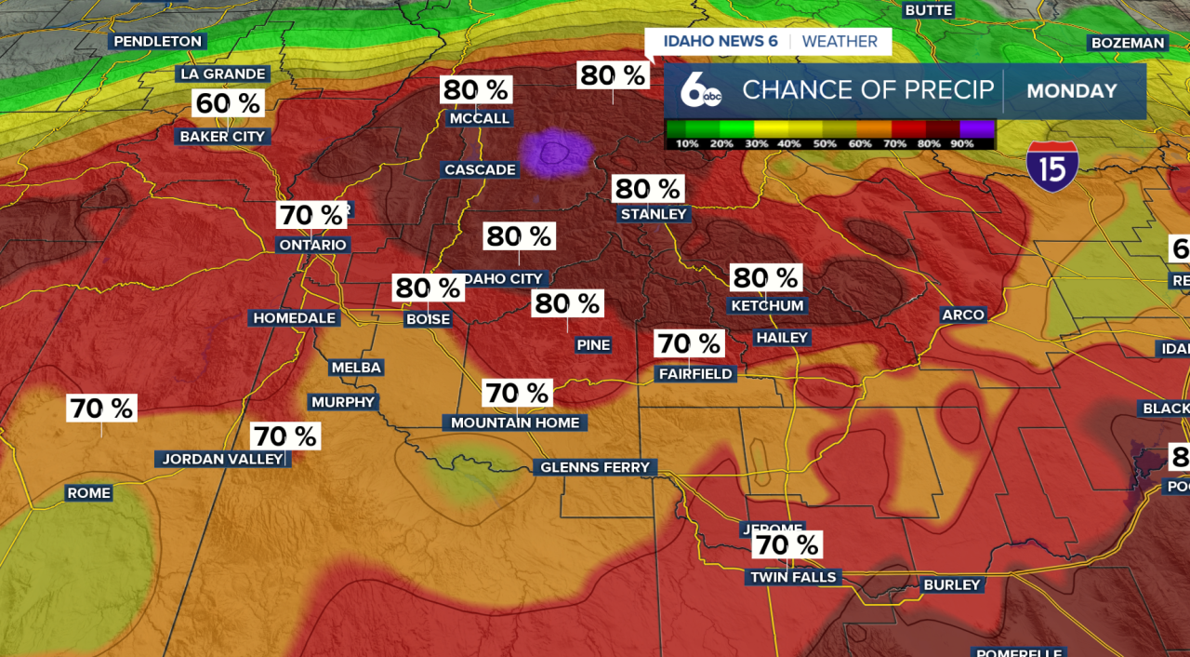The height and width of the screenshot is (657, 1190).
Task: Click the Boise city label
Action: point(428,319)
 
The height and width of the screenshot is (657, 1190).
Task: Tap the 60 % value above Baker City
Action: point(229,103)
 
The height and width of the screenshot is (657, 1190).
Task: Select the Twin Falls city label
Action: point(794,577)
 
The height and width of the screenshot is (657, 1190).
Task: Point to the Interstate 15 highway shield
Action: point(1052,167)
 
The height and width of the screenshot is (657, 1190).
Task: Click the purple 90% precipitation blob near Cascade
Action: point(555,153)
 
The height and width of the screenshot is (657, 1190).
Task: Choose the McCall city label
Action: point(479,118)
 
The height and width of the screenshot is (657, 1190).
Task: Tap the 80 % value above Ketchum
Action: point(765,277)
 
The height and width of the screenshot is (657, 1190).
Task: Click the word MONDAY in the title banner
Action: point(1072,90)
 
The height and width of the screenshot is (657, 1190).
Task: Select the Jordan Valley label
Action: point(222,459)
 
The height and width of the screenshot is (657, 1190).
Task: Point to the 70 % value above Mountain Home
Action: point(517,394)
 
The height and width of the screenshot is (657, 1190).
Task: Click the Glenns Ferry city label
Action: point(595,467)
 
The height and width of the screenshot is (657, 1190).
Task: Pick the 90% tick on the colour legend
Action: point(962,143)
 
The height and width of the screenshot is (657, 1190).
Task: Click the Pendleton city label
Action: point(157,41)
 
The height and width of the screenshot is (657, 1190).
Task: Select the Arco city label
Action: point(963,315)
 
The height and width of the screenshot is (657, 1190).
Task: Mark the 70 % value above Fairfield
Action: point(689,343)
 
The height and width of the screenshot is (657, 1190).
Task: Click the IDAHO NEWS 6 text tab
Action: point(721,42)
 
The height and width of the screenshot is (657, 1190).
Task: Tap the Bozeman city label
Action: point(1128,43)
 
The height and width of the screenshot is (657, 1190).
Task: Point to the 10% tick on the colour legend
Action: point(687,143)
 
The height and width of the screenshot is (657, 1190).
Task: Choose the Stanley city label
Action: point(654,214)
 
